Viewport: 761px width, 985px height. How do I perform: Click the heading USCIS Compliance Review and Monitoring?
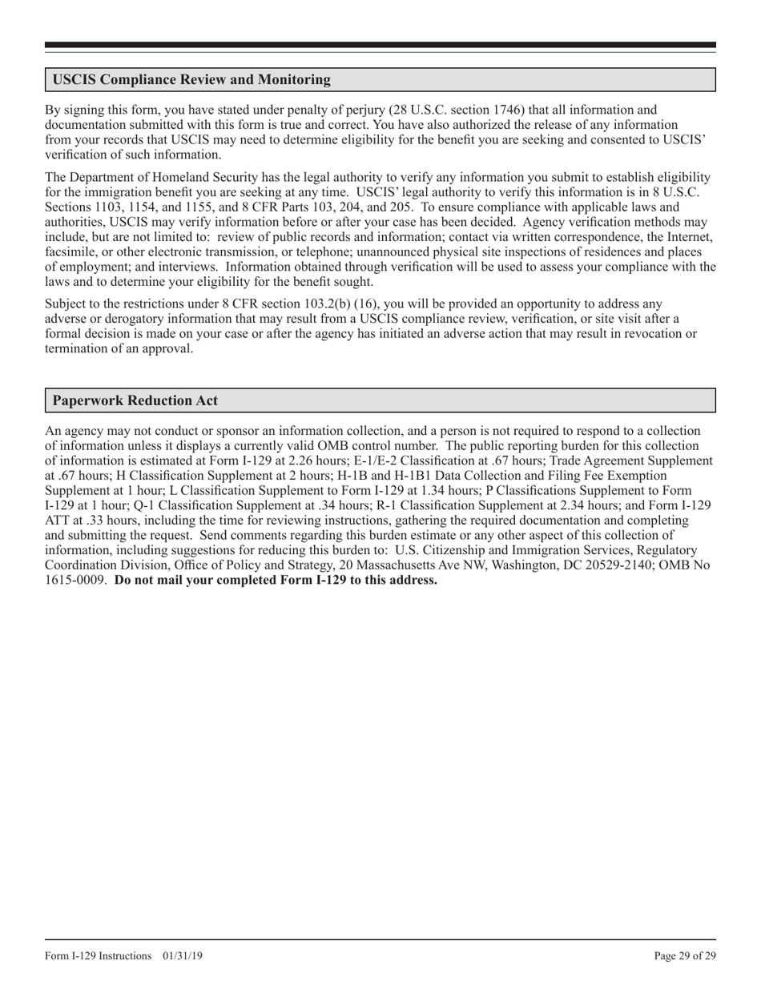191,80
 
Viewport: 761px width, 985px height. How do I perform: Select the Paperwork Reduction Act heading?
135,400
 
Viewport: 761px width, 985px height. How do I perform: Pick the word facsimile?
70,253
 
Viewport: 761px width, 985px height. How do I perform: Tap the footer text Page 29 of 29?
685,955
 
